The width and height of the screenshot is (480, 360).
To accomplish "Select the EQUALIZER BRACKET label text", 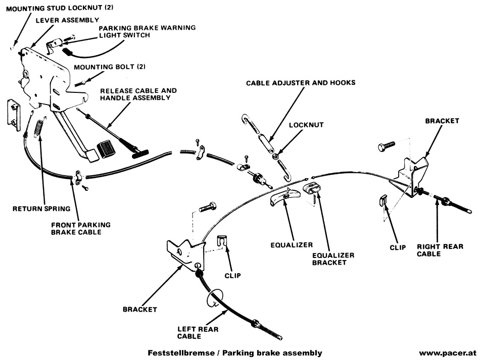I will point(333,259).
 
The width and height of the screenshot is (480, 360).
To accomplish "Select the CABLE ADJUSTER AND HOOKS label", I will point(301,82).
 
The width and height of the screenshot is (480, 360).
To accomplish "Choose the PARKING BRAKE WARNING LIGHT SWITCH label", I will point(147,31).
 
